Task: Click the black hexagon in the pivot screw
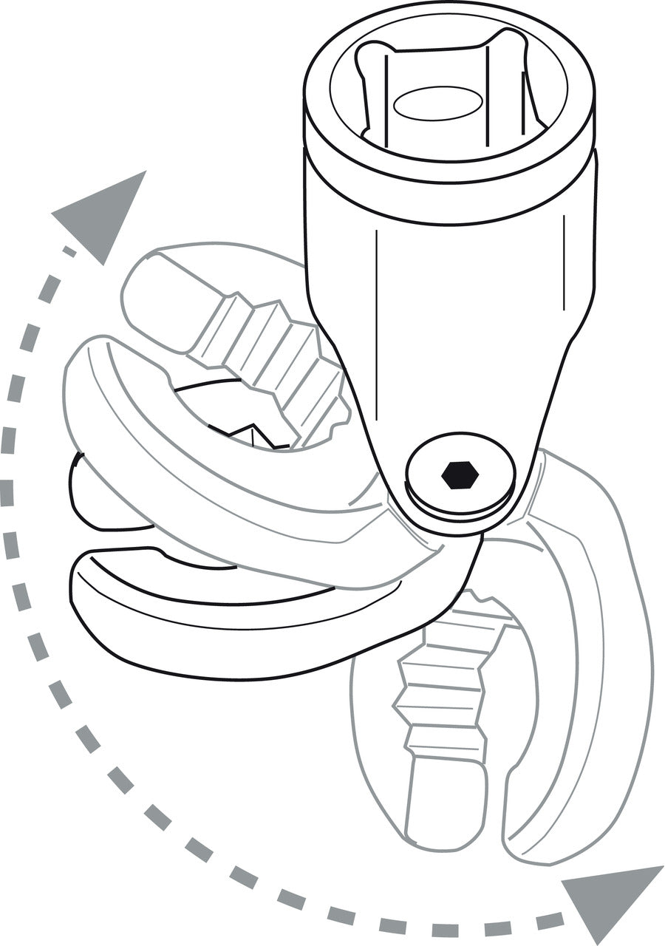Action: pyautogui.click(x=460, y=475)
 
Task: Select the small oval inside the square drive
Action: pyautogui.click(x=437, y=103)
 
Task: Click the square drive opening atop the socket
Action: pyautogui.click(x=443, y=89)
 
